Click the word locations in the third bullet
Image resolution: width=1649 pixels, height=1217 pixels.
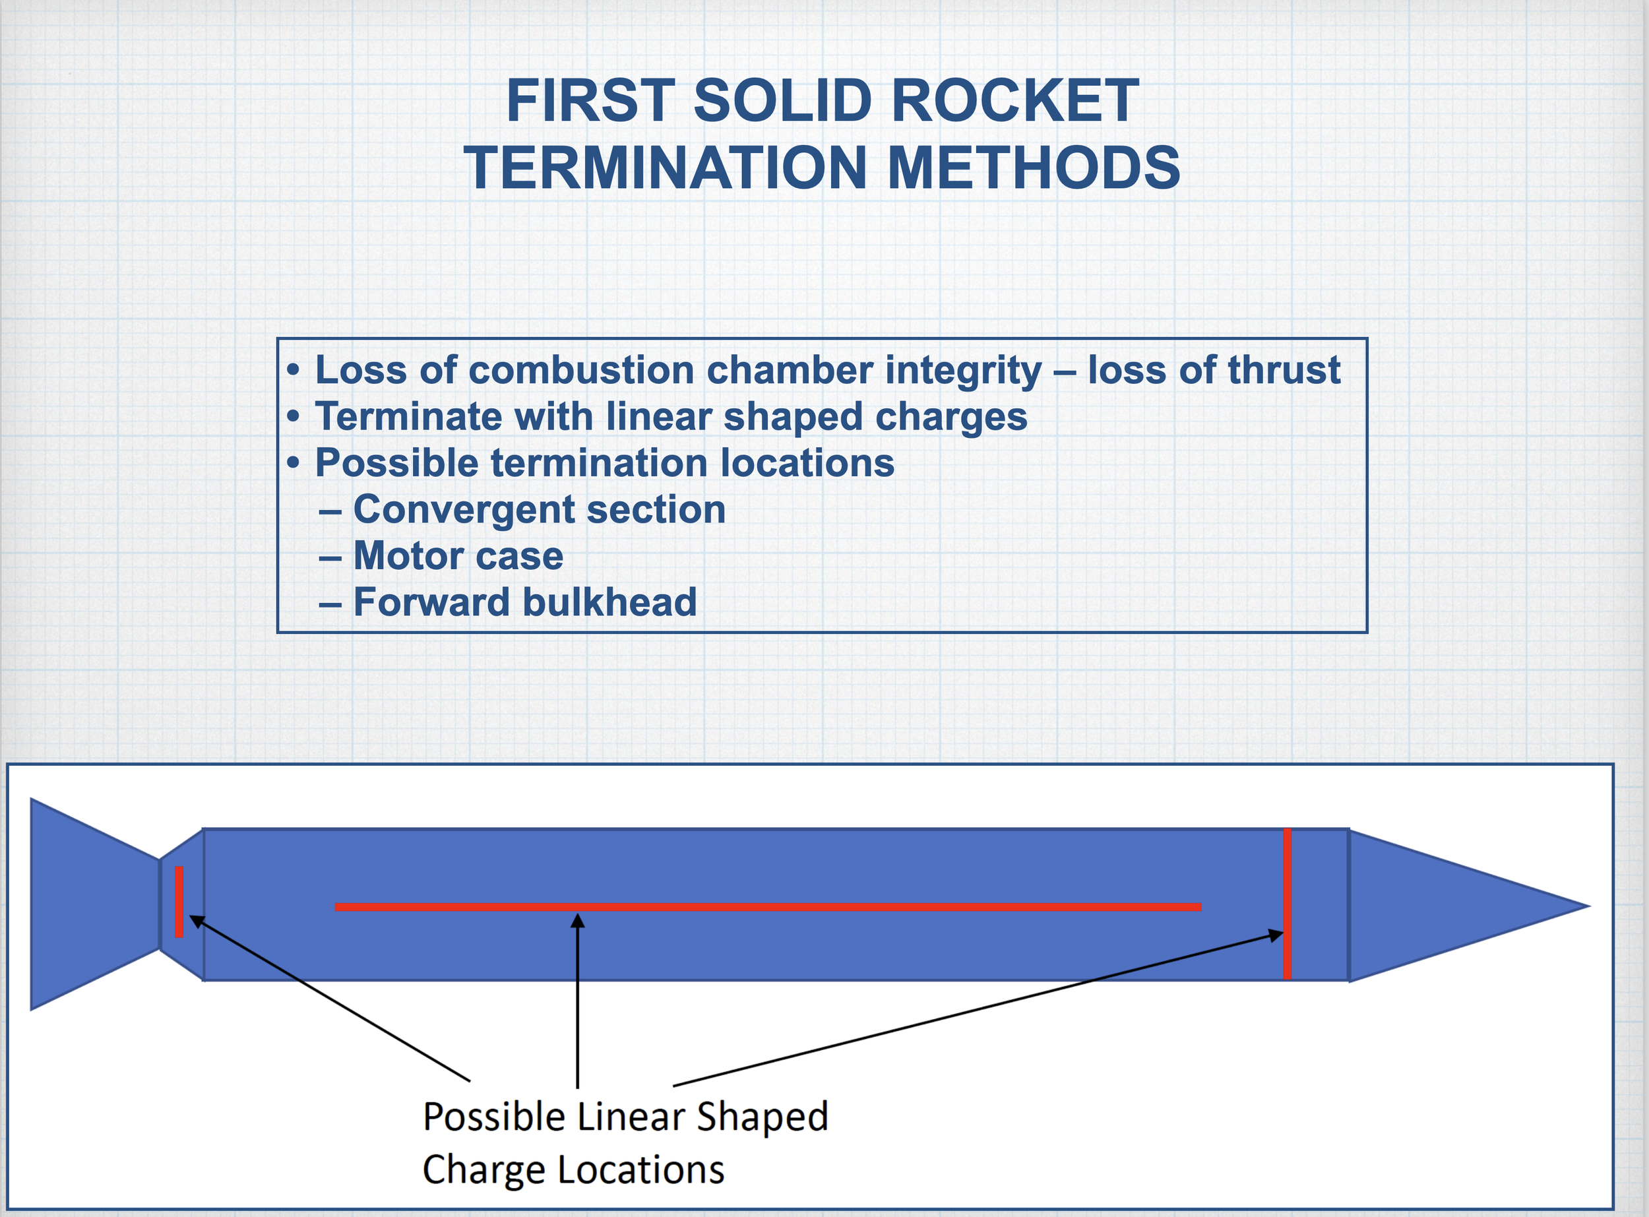pos(807,462)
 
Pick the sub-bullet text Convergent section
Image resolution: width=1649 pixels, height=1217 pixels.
pos(539,509)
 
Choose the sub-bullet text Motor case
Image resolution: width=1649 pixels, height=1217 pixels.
pos(458,555)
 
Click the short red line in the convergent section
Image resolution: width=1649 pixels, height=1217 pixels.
pos(179,902)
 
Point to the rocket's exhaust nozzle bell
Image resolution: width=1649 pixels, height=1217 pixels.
pos(88,904)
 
